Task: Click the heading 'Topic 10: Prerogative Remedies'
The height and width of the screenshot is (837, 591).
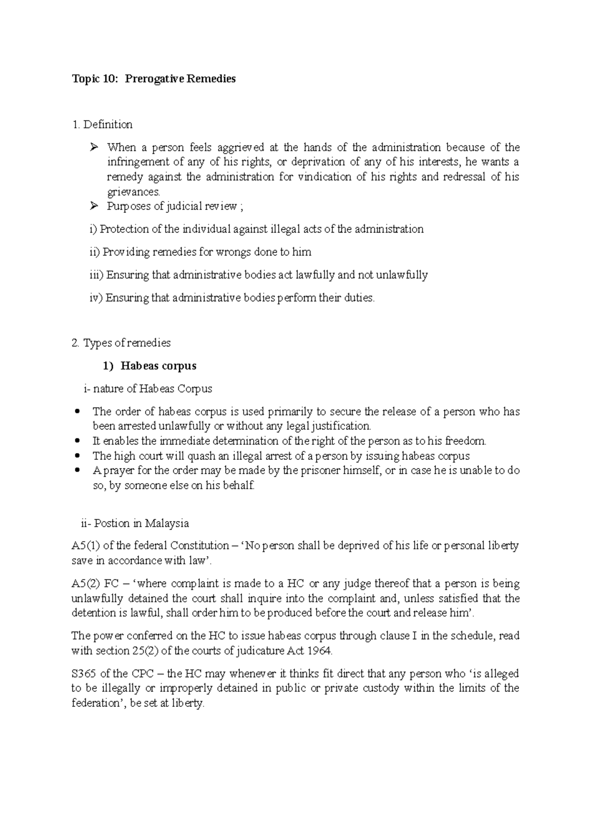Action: [x=154, y=79]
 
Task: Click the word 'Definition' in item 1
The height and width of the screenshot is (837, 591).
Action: [x=108, y=125]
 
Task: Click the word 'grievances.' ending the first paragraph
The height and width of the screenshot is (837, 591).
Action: [x=134, y=192]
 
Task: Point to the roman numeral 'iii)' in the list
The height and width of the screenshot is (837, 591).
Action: [x=97, y=275]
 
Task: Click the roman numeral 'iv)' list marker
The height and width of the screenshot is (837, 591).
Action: [x=96, y=298]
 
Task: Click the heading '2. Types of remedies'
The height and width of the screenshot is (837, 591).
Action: [x=121, y=343]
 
